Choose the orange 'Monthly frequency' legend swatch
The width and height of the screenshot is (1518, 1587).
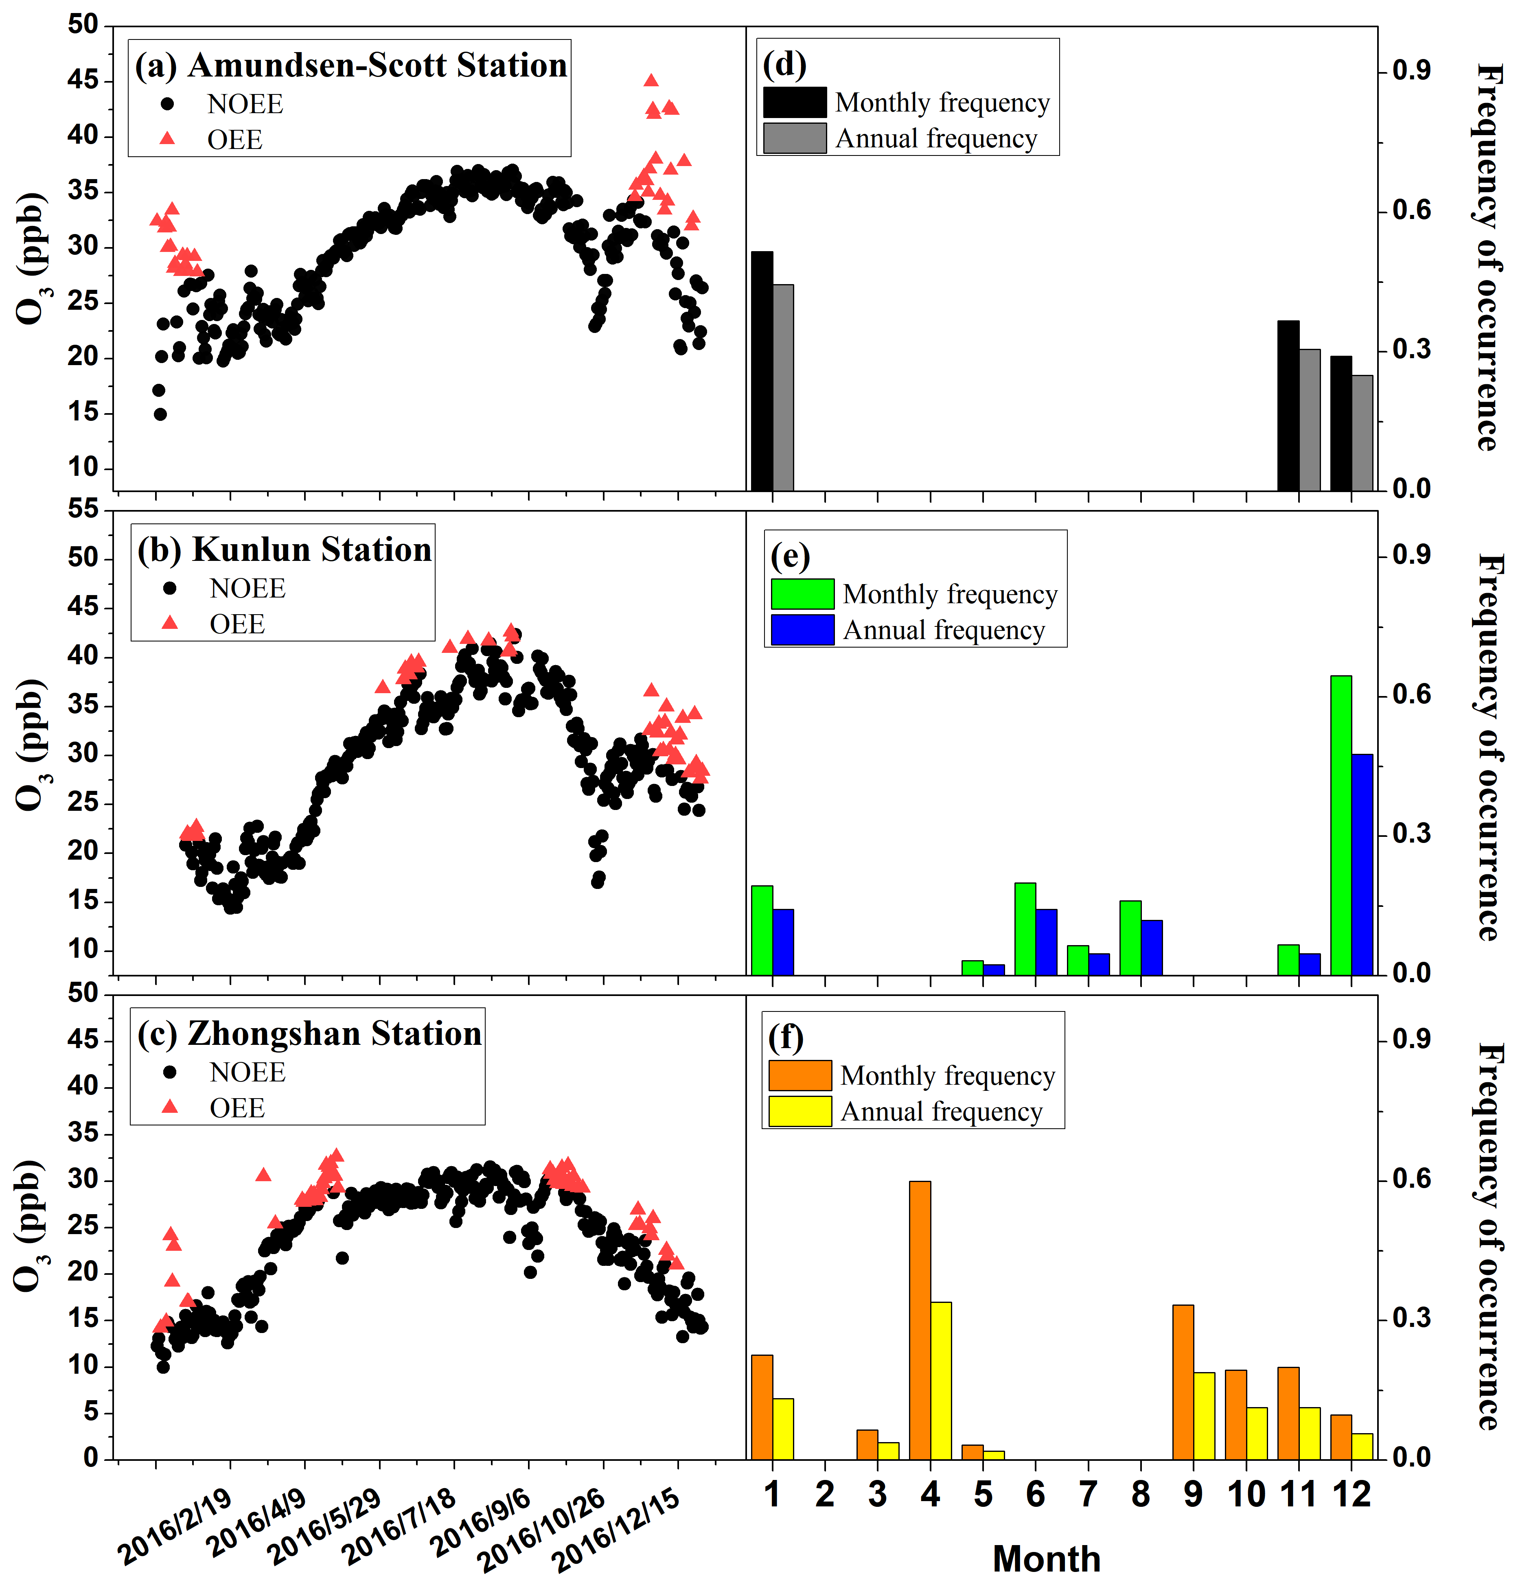pos(800,1075)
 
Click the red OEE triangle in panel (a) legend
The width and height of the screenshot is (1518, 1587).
pos(167,138)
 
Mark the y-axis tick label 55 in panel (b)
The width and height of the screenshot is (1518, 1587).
pos(83,509)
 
